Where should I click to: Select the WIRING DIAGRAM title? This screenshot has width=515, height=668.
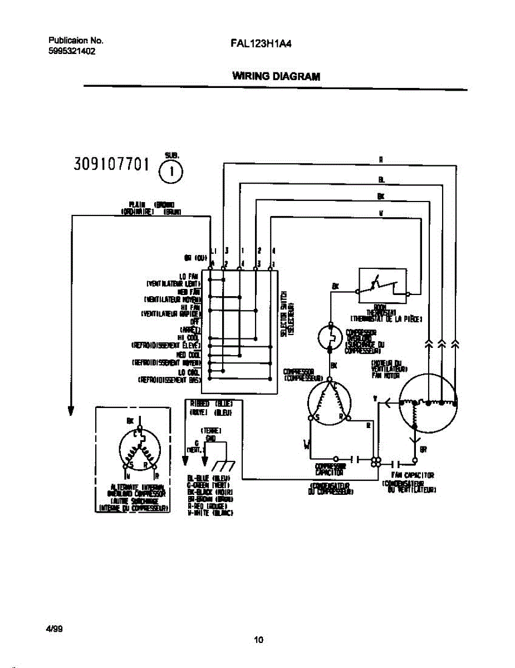(276, 76)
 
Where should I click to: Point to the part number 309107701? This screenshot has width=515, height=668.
(111, 164)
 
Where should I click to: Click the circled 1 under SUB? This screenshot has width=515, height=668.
(171, 171)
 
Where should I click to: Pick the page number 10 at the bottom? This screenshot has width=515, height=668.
(258, 640)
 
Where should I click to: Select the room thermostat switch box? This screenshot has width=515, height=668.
(382, 286)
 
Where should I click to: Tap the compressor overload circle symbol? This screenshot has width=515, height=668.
(329, 337)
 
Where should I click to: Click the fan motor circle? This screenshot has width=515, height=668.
(428, 404)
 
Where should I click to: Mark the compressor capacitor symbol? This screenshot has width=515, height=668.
(355, 460)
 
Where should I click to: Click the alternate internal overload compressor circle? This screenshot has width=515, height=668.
(139, 450)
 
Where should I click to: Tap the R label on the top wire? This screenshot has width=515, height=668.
(381, 160)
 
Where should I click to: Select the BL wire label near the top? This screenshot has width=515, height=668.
(381, 180)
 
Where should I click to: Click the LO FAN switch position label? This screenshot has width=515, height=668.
(189, 276)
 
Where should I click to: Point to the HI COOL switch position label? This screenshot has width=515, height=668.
(189, 337)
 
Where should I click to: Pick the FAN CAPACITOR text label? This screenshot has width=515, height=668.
(413, 475)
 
